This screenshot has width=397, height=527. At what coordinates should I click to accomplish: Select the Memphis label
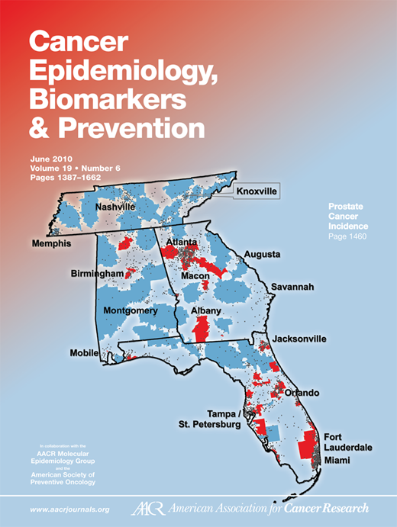[50, 244]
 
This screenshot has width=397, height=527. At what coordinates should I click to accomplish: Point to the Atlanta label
[182, 242]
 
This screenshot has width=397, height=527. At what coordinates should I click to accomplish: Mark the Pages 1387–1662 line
[66, 178]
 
